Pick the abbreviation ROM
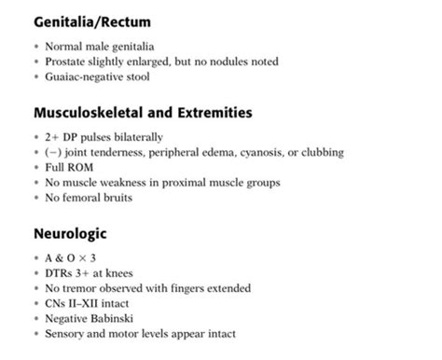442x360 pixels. [91, 169]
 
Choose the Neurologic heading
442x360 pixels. [71, 237]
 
